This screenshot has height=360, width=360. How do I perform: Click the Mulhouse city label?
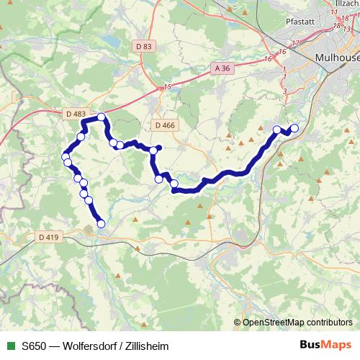point(337,57)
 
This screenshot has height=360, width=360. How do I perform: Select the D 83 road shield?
point(144,46)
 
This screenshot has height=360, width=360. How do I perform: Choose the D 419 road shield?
point(49,236)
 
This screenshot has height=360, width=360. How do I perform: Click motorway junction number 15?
point(167,87)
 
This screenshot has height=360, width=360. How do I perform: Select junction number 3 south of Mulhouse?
point(285,90)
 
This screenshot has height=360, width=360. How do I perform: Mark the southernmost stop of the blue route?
point(101,224)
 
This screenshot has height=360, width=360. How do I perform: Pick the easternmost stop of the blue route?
point(294,129)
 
